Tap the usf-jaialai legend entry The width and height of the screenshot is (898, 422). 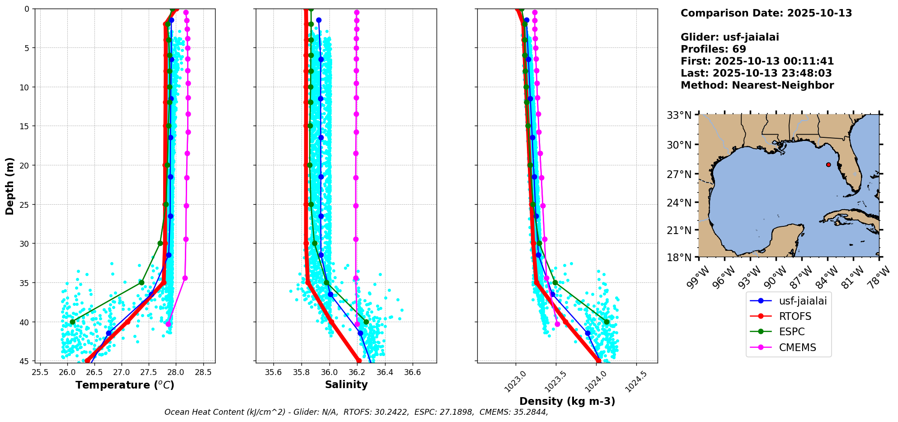(x=788, y=300)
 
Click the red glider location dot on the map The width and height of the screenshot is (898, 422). (x=828, y=164)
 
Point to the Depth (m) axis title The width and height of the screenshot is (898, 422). (x=9, y=186)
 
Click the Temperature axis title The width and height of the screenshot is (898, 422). (x=125, y=385)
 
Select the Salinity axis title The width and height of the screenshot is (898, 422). (x=346, y=384)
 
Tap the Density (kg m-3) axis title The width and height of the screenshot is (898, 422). (x=567, y=401)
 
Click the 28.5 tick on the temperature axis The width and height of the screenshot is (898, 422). (x=203, y=372)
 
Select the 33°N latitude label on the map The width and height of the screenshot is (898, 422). (x=679, y=115)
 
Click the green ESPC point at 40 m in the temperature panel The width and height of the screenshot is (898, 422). (x=72, y=322)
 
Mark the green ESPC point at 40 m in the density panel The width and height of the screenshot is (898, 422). (x=607, y=322)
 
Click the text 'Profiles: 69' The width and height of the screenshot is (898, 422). (x=713, y=49)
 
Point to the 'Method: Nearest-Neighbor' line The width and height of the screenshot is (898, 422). (x=757, y=85)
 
